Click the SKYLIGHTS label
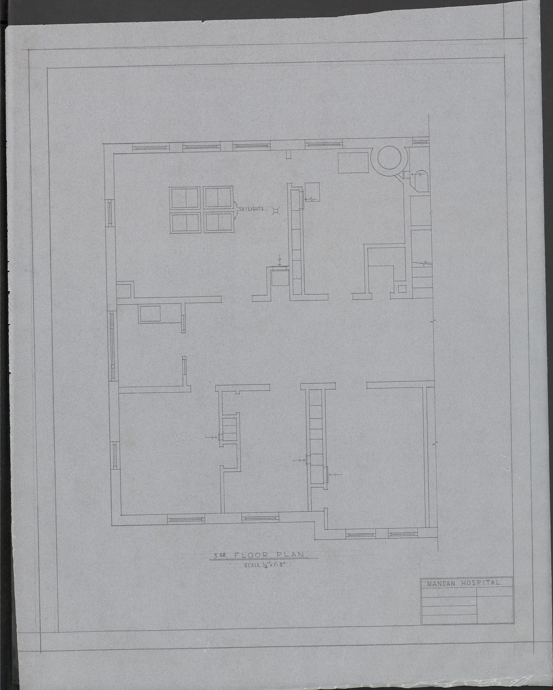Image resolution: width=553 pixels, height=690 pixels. [x=251, y=209]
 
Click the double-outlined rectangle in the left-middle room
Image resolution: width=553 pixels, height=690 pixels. [x=150, y=314]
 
